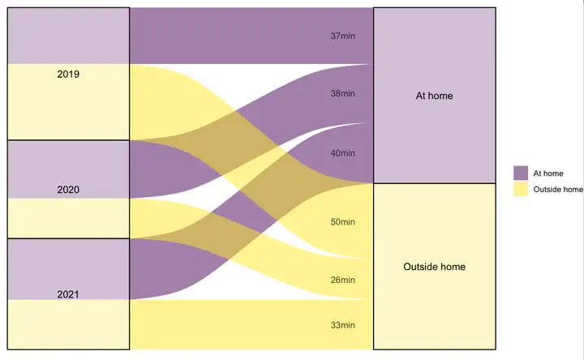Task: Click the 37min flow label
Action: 342,36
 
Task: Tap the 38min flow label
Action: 342,93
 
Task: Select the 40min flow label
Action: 342,153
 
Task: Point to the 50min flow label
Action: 342,222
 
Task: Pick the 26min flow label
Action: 342,280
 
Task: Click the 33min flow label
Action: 342,325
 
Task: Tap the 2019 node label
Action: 68,74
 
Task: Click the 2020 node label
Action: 68,190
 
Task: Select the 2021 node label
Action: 68,294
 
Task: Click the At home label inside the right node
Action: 434,96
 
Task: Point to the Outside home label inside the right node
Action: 434,267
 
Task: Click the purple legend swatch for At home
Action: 521,174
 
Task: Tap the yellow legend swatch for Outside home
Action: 521,189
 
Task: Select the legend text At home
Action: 548,174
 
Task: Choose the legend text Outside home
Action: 558,190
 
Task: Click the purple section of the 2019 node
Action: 68,36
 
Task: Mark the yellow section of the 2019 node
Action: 68,102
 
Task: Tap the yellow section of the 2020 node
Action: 68,218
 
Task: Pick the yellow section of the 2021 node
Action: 68,324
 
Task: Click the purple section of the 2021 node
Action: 68,269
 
